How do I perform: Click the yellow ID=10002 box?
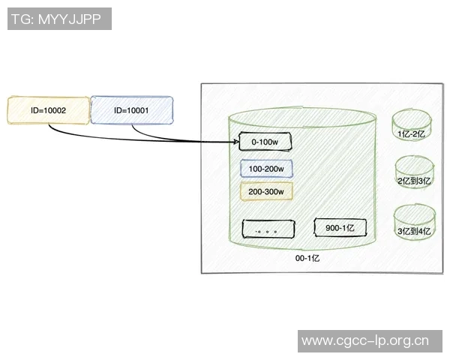pos(49,109)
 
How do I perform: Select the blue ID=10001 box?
pos(131,109)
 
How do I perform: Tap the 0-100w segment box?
pos(264,141)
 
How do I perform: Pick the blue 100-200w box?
pos(266,169)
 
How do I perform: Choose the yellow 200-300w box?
pos(266,191)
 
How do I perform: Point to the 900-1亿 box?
pos(340,227)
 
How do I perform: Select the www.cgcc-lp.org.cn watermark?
pos(365,341)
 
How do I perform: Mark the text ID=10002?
pos(49,110)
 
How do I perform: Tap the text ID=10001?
pos(131,110)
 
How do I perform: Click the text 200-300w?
pos(266,192)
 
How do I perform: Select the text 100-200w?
pos(266,169)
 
